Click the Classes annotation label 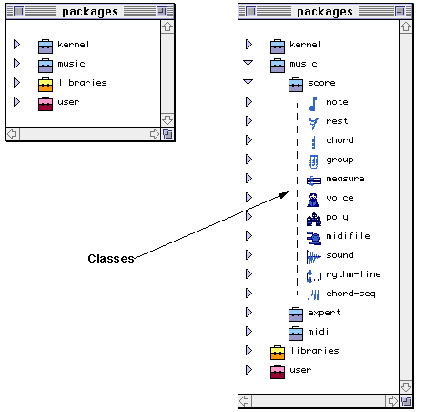[111, 259]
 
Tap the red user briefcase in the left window [46, 104]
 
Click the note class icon [313, 104]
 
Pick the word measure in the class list [345, 179]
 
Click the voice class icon [313, 200]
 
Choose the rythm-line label [353, 274]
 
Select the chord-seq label [350, 294]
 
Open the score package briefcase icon [296, 85]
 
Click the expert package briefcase [296, 314]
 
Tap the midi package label [319, 332]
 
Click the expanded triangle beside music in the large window [248, 63]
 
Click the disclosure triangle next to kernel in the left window [17, 45]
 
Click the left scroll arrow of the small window [13, 134]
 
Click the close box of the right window [250, 12]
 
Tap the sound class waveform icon [313, 257]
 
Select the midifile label [348, 236]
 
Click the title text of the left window [90, 12]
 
